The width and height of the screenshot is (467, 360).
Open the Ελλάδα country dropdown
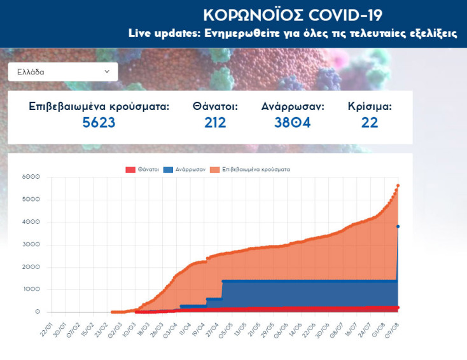(62, 72)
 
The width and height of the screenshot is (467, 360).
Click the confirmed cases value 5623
(99, 122)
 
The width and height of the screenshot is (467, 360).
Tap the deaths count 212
(215, 122)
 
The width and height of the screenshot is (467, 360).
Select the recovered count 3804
(292, 122)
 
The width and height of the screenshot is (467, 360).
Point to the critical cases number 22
(369, 122)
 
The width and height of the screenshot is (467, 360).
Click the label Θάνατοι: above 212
(215, 106)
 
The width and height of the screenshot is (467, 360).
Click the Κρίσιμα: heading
(369, 106)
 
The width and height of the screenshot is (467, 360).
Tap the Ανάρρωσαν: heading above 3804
(292, 106)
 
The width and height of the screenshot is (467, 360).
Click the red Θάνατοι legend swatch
(130, 170)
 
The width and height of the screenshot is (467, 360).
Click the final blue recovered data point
(398, 226)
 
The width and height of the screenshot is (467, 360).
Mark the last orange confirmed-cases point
(398, 186)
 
